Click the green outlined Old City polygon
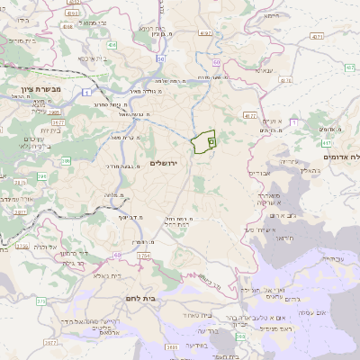coord(203,141)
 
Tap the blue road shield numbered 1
coord(85,92)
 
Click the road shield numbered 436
coord(111,44)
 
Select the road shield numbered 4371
coord(315,37)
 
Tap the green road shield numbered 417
coord(326,142)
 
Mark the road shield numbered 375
coord(40,299)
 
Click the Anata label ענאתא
coord(263,69)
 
